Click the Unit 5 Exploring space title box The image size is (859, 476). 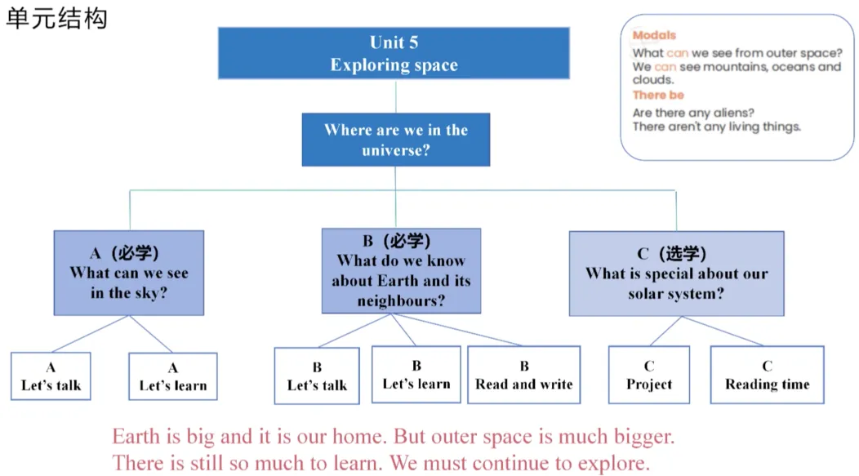[394, 53]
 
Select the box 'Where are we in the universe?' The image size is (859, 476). [395, 140]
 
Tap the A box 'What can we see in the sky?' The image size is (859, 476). [129, 273]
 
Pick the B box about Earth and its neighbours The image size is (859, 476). [401, 271]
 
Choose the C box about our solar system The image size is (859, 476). [677, 274]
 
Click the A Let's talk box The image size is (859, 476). [51, 376]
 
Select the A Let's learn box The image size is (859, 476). [173, 376]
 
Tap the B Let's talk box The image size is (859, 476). [317, 376]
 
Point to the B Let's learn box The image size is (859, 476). [416, 375]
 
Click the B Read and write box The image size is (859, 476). [523, 376]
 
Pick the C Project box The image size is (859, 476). [649, 376]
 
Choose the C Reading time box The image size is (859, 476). [767, 376]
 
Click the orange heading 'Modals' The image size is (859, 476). [654, 35]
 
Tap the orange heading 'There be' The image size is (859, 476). [658, 95]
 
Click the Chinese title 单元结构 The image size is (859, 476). [56, 19]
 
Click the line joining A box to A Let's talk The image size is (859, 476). [91, 334]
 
